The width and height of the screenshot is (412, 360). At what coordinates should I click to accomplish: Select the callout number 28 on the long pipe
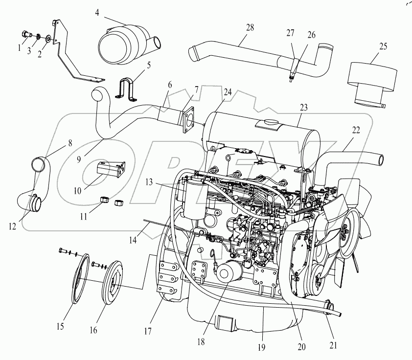pyautogui.click(x=250, y=27)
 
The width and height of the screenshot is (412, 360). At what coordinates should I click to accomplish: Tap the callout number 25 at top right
pyautogui.click(x=383, y=46)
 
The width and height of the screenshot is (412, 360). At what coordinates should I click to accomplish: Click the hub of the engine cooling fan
pyautogui.click(x=346, y=226)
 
